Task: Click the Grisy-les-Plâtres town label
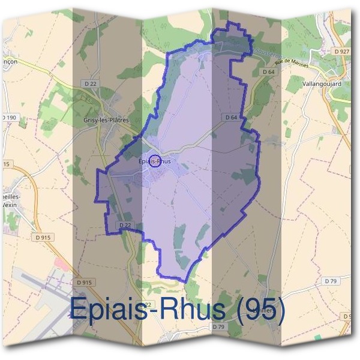point(107,120)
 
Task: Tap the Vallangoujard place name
point(322,84)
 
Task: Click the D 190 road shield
point(8,117)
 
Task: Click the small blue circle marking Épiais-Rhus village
point(155,161)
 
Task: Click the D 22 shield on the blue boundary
point(125,224)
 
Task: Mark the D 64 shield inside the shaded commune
point(232,117)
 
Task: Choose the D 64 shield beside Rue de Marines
point(268,72)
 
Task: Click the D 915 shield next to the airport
point(85,282)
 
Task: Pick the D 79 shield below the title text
point(218,327)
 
